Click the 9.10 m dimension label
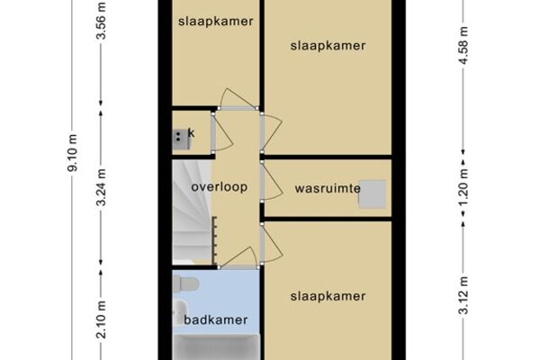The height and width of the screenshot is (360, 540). tap(73, 153)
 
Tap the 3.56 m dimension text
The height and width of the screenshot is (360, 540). tap(101, 21)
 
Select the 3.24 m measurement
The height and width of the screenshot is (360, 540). tap(101, 187)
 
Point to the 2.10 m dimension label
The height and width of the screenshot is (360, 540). tap(101, 319)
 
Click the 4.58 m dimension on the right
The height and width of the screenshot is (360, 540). tap(463, 45)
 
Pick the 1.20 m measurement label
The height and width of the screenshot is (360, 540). tap(463, 186)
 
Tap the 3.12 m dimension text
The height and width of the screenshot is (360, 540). tap(463, 295)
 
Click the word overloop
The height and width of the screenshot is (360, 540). tap(220, 186)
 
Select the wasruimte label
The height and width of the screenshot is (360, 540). tap(328, 188)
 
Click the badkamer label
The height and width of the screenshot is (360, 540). tap(216, 319)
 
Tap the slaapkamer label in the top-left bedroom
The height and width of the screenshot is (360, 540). tap(216, 21)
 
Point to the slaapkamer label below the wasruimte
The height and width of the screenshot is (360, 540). tap(328, 296)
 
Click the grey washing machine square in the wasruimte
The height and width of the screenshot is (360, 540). tap(373, 194)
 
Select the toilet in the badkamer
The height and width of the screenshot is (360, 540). tap(185, 284)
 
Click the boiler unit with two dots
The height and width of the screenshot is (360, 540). tap(181, 139)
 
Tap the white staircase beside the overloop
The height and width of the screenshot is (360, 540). tap(192, 211)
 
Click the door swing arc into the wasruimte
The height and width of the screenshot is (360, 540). tap(274, 183)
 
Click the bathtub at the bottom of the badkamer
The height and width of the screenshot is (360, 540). tap(216, 347)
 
